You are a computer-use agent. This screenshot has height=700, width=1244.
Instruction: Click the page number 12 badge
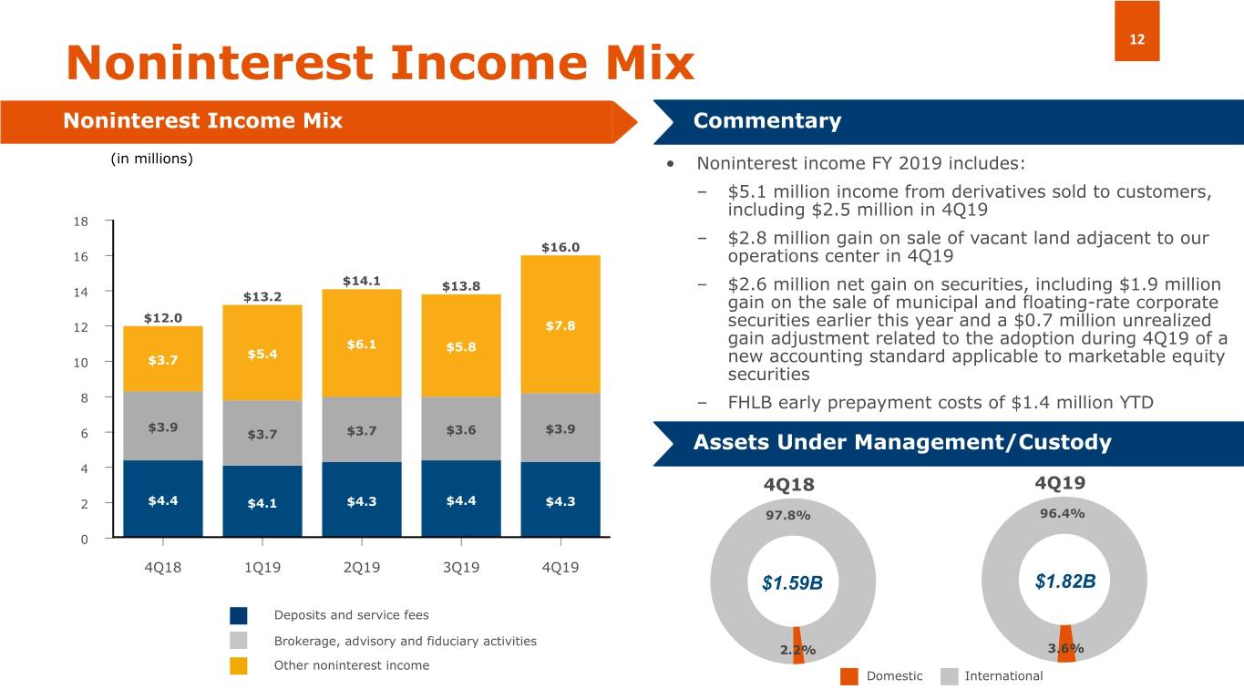[x=1136, y=31]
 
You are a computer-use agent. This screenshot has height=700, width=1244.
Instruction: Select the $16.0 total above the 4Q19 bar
[x=560, y=247]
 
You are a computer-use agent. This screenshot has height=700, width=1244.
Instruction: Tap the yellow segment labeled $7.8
[x=560, y=325]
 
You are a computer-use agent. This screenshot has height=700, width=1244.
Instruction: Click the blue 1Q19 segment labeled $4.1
[x=262, y=502]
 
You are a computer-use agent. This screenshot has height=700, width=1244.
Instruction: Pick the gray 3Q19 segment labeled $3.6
[x=461, y=429]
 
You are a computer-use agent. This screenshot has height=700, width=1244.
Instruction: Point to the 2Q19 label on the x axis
[x=362, y=567]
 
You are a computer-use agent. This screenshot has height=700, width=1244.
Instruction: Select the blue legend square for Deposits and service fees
[x=239, y=615]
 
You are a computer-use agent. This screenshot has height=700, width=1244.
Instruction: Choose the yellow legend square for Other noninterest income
[x=239, y=665]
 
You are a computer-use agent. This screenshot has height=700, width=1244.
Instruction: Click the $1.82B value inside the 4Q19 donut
[x=1065, y=582]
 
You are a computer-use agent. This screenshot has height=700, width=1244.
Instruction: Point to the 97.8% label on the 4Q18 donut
[x=788, y=516]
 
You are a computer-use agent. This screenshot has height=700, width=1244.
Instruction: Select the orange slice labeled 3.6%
[x=1065, y=638]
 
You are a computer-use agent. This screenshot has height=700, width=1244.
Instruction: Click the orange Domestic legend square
[x=848, y=676]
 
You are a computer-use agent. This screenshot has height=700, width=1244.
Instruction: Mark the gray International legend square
[x=949, y=676]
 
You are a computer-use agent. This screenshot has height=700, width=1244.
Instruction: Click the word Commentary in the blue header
[x=766, y=121]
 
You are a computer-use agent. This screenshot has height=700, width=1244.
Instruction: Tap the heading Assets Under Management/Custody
[x=902, y=443]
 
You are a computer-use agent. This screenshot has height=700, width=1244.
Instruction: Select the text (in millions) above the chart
[x=151, y=159]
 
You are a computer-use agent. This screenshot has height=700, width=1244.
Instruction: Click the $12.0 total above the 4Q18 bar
[x=163, y=318]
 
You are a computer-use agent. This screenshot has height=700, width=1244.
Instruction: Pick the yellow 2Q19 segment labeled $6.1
[x=362, y=344]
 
